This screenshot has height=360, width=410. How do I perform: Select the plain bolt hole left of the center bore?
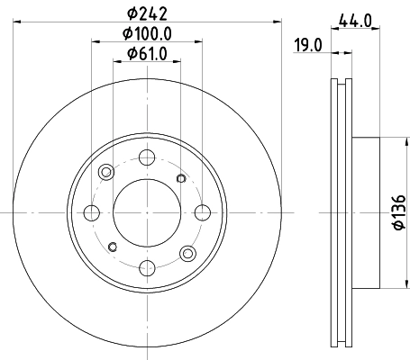(91, 212)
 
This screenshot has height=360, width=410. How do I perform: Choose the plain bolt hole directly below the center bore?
(146, 267)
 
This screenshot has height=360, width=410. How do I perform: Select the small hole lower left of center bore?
(113, 247)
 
